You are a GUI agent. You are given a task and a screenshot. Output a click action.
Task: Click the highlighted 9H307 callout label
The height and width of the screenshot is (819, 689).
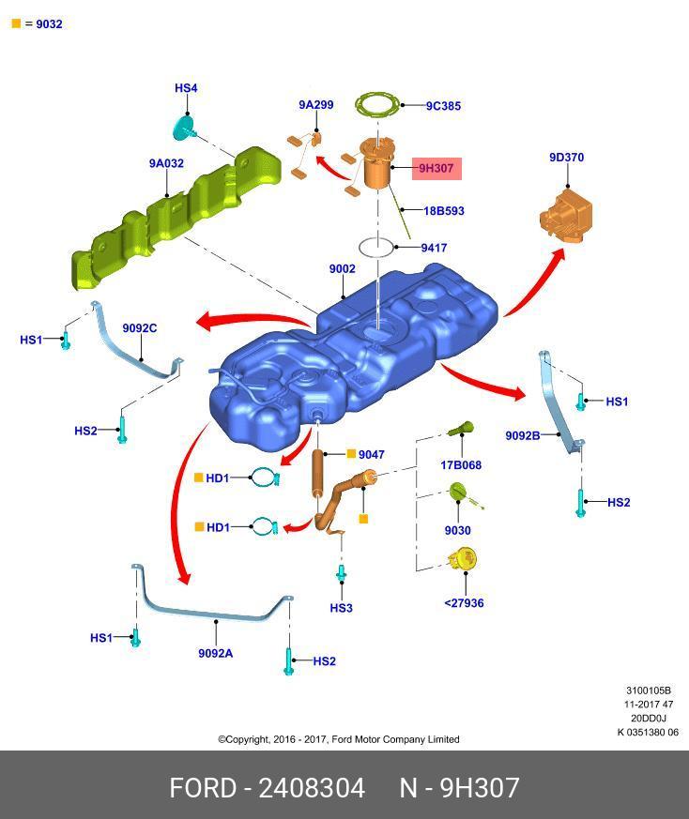tap(436, 168)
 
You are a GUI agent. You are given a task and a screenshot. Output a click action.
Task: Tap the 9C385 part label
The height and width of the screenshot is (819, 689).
tap(443, 106)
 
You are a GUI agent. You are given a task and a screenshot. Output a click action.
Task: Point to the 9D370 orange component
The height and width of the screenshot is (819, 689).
tap(566, 215)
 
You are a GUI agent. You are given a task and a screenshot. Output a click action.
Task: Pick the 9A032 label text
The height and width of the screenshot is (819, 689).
tap(166, 163)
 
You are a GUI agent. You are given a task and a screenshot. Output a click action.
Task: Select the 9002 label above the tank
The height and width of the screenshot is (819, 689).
tap(343, 268)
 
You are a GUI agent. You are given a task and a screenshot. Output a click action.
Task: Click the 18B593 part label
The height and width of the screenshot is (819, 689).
tap(444, 211)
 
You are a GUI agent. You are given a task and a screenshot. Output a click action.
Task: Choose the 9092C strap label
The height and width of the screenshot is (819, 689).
tap(140, 328)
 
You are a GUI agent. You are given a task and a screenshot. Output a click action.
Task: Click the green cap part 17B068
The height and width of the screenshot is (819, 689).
tap(462, 430)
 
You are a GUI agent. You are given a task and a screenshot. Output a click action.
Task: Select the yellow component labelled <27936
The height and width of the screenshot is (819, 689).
tap(463, 560)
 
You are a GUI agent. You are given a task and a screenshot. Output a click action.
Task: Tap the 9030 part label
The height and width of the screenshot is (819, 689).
tap(457, 531)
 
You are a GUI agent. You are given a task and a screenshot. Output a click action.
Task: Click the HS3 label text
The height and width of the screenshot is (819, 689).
tap(342, 608)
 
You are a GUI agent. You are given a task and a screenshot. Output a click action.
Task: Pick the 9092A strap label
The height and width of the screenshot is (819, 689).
tap(215, 654)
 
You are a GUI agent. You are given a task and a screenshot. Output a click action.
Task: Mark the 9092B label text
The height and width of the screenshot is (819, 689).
tap(523, 435)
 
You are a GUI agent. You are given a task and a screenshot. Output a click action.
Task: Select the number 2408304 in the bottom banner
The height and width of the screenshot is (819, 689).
tap(312, 788)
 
